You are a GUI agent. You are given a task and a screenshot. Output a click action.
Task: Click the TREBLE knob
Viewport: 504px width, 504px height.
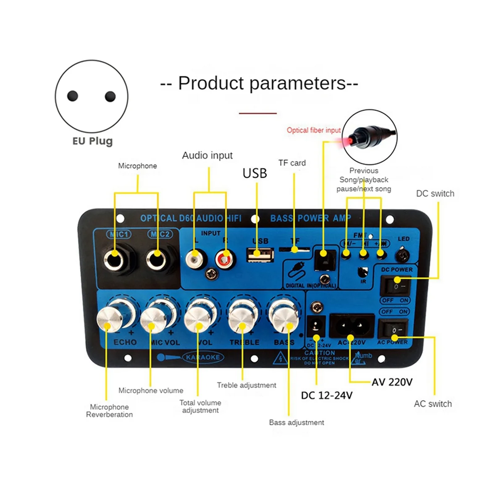tap(241, 320)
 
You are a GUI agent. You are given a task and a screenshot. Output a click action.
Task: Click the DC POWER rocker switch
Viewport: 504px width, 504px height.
tap(394, 286)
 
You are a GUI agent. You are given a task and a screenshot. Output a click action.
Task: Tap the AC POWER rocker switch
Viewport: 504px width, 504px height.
tap(393, 329)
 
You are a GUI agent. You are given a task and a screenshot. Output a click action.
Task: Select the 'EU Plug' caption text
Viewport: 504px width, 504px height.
tap(92, 141)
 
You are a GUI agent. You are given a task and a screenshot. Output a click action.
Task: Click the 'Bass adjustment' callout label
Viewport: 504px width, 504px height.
tap(297, 423)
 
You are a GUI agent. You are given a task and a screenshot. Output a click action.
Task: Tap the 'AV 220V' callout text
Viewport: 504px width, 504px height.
tap(392, 382)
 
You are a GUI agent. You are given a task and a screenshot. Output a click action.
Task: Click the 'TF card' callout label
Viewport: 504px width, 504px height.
tap(292, 163)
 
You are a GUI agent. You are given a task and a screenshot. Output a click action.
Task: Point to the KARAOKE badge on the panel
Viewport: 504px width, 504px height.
tap(203, 357)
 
